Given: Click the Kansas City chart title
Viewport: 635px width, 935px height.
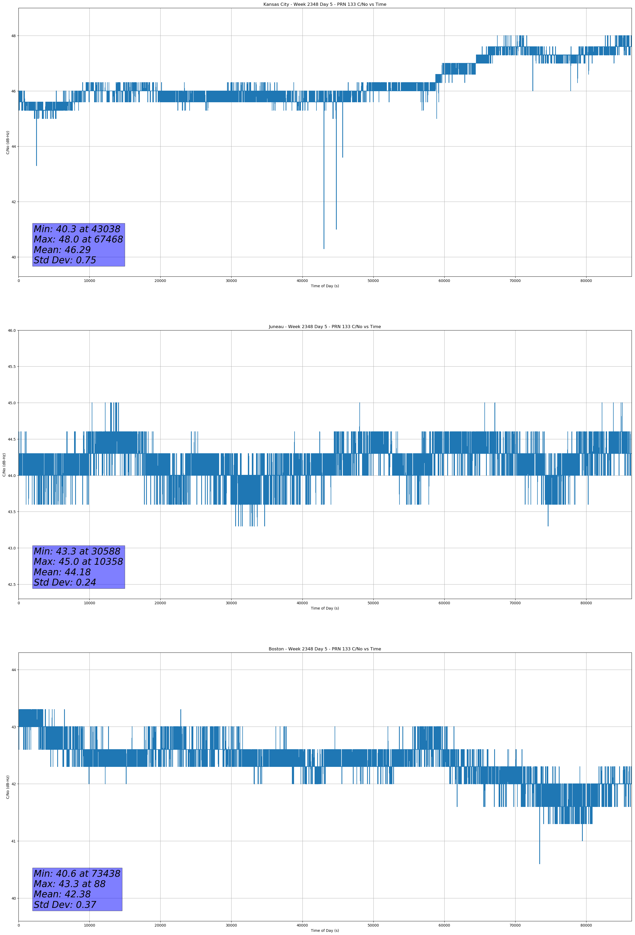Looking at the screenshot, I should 325,4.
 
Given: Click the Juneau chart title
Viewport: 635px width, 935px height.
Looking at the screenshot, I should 325,327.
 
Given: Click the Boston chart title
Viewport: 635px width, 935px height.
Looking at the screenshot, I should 325,649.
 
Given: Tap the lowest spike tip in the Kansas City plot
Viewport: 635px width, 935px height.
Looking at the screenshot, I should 324,248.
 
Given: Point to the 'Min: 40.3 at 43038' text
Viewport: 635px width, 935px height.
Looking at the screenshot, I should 77,229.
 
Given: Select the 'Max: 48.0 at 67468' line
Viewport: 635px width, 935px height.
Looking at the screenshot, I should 78,239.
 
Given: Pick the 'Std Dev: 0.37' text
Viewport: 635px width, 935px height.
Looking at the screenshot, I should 65,905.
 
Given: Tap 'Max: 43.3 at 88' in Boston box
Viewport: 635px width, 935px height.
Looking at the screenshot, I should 69,884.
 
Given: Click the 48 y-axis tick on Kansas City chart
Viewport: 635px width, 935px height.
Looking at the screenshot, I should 13,36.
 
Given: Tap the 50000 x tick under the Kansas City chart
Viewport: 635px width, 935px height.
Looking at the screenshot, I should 373,281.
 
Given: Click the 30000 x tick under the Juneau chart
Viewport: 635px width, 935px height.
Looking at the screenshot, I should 231,603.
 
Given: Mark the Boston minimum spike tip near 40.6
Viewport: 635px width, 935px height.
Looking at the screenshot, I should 540,863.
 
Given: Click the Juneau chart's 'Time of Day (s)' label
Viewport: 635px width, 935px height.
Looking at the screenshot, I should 325,608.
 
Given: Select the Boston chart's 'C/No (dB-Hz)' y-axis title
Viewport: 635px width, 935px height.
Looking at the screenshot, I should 8,787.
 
